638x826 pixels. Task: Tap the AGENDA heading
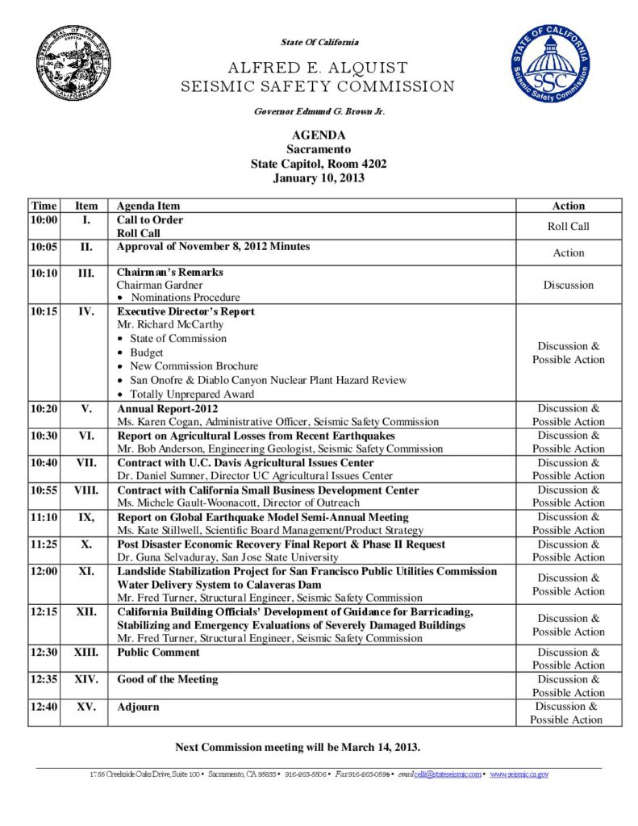tap(319, 136)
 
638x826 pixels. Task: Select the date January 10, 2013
tap(319, 178)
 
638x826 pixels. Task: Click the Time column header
tap(44, 206)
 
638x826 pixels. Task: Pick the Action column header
tap(568, 206)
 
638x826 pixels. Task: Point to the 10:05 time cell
tap(44, 247)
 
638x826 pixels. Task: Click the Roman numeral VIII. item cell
tap(85, 490)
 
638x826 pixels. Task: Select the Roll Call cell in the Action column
tap(568, 227)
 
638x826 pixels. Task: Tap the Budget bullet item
tap(146, 353)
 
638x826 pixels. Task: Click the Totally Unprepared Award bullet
tap(192, 394)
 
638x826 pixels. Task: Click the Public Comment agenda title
tap(158, 652)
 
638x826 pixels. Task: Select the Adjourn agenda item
tap(138, 707)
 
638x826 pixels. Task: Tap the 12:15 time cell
tap(44, 611)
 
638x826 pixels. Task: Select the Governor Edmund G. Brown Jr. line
tap(319, 111)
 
